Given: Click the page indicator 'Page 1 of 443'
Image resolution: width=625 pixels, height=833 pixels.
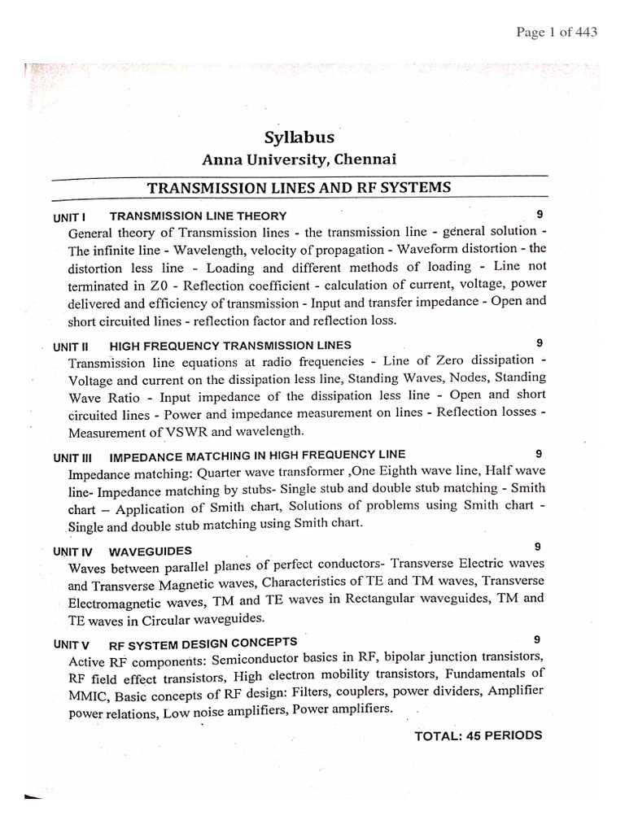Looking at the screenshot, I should pos(557,33).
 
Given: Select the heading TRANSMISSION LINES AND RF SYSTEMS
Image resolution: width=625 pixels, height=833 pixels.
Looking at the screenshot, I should pos(299,188).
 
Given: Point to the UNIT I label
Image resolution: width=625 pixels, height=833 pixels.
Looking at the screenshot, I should pos(70,216).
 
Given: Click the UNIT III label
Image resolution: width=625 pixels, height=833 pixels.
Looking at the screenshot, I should pos(75,456).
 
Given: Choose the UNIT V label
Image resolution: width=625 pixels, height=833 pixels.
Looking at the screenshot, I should pos(72,643).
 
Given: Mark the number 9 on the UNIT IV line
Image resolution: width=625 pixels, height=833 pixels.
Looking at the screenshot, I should pos(538,546).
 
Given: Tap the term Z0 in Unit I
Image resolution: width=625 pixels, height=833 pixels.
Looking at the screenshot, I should pos(160,286).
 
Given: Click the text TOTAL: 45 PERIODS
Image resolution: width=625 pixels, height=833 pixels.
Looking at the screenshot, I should pos(478,735).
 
